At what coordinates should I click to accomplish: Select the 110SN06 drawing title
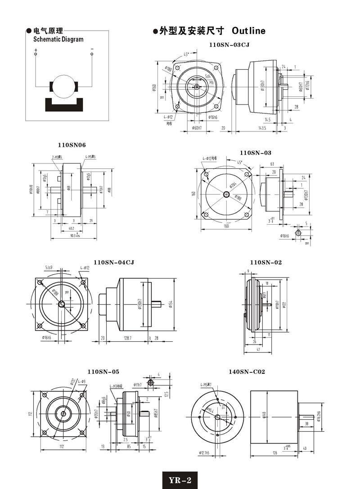[x=72, y=145]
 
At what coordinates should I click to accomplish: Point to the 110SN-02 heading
[x=266, y=262]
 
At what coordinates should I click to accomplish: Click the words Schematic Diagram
[x=58, y=39]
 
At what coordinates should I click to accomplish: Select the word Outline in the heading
[x=248, y=31]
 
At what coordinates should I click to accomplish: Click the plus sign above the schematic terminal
[x=36, y=49]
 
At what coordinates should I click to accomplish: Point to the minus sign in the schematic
[x=92, y=49]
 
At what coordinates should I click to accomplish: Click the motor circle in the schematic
[x=64, y=86]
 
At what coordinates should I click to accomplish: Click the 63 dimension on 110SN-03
[x=272, y=165]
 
